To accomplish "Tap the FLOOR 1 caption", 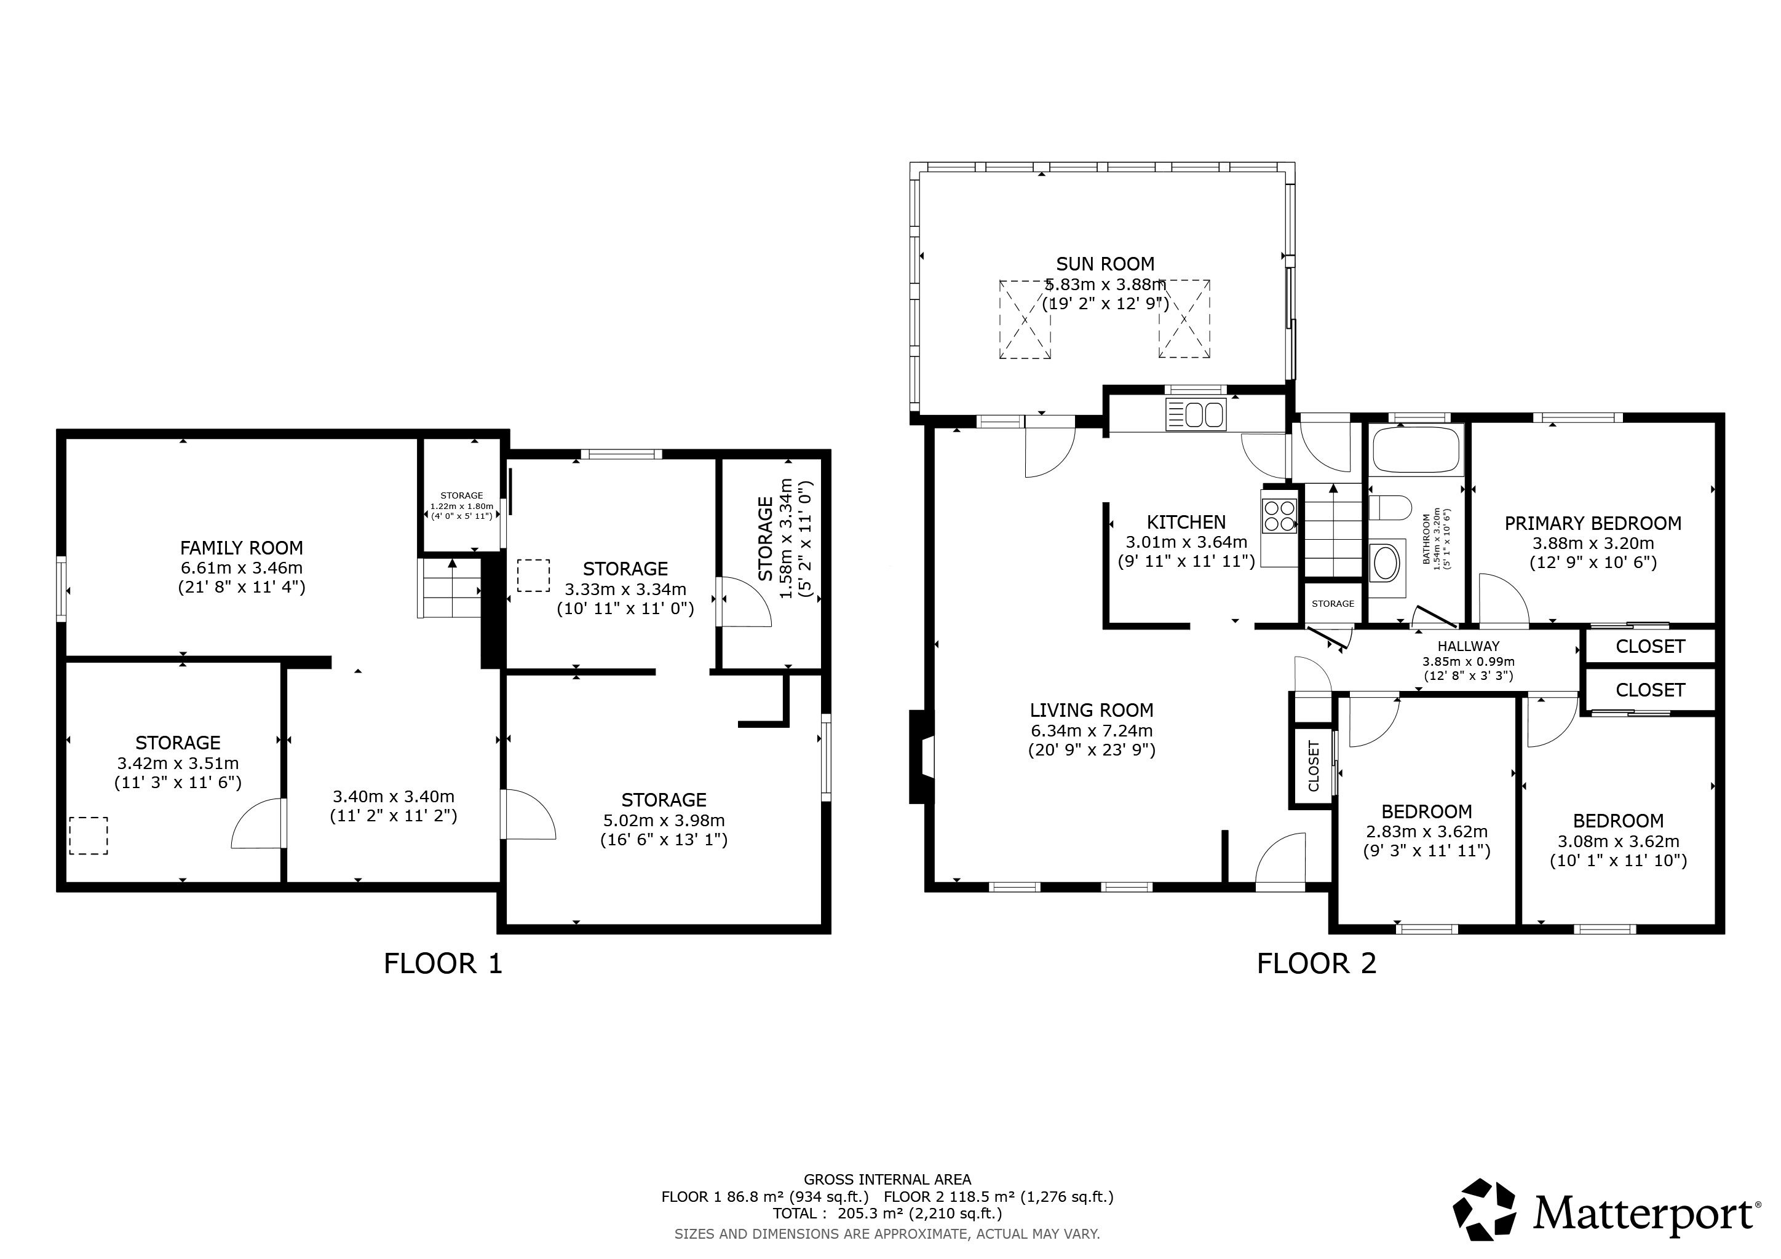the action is click(443, 964).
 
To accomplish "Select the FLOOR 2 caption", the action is click(1316, 964).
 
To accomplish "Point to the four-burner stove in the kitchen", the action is click(1279, 516).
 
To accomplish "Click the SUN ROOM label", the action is click(1105, 264).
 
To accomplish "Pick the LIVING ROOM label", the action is click(1092, 710).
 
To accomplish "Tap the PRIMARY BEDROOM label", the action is click(1592, 523).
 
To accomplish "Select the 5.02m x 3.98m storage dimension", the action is click(664, 820).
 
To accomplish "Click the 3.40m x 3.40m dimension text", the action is click(393, 796).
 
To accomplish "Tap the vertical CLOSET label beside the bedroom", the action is click(1313, 766).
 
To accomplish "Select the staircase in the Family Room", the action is click(450, 588).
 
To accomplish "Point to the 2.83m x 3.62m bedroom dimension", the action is click(1427, 832).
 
